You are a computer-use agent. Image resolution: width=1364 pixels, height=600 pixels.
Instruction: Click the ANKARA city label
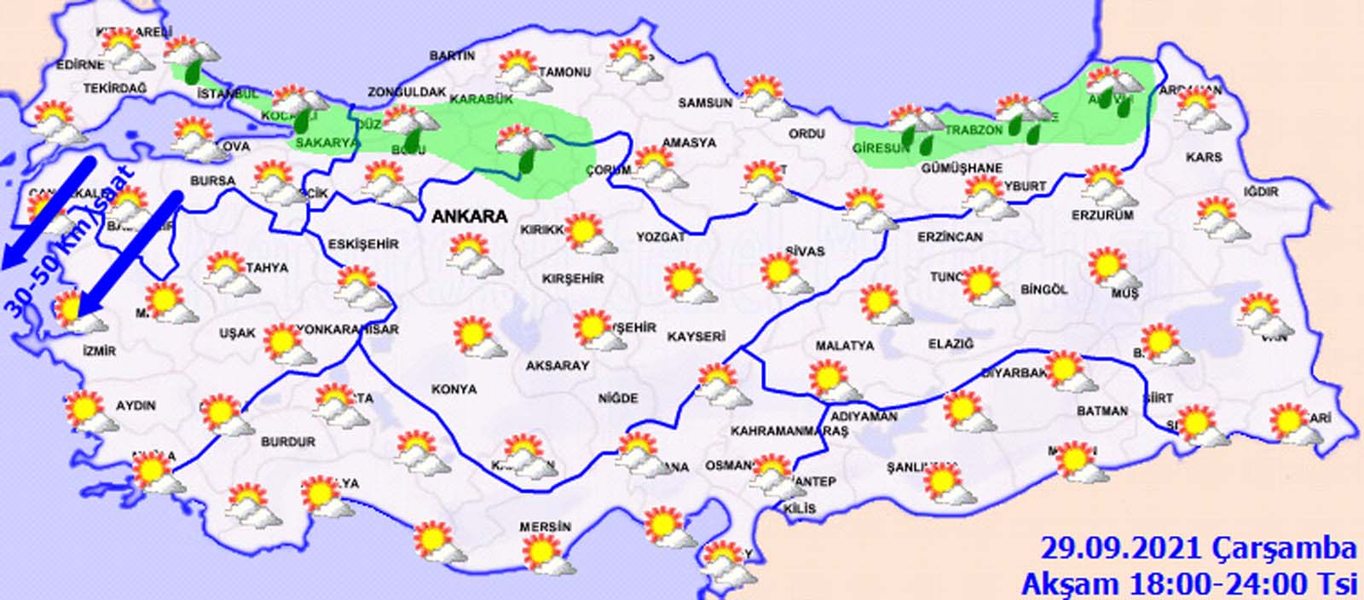coord(470,216)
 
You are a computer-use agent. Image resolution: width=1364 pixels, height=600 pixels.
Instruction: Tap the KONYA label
coord(454,389)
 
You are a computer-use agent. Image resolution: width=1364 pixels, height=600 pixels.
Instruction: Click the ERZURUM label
coord(1102,216)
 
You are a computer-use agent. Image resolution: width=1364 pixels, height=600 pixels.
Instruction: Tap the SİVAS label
coord(805,251)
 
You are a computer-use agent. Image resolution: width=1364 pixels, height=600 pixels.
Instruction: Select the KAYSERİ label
coord(696,337)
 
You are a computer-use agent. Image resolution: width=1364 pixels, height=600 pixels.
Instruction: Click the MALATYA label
coord(845,346)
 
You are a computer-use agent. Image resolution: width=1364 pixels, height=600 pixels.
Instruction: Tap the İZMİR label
coord(100,350)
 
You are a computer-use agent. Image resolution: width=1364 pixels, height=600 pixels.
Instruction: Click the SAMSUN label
coord(705,102)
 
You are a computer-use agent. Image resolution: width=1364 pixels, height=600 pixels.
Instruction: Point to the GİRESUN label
coord(881,148)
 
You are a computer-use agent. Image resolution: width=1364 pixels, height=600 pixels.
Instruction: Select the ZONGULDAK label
coord(407,92)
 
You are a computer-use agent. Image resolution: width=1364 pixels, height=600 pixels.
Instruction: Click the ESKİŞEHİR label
coord(363,245)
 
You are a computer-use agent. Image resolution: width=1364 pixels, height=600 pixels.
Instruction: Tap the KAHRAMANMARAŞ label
coord(789,432)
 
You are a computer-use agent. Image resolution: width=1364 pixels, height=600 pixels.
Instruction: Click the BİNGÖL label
coord(1043,290)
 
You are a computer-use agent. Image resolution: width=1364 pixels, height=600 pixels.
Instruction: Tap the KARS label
coord(1204,158)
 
